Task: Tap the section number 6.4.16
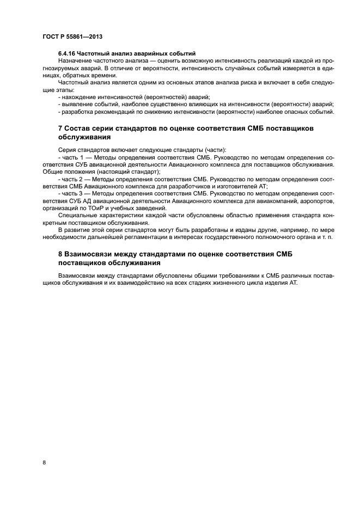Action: pyautogui.click(x=68, y=53)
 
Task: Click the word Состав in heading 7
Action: pyautogui.click(x=81, y=128)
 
